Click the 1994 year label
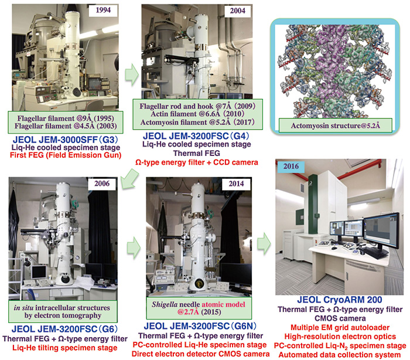pos(103,10)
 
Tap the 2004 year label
pos(237,11)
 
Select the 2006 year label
pos(102,184)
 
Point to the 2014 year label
pos(236,184)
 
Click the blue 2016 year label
pos(291,167)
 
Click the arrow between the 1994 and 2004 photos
pos(132,74)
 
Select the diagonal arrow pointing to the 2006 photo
pos(129,179)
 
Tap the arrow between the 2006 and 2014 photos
pos(134,247)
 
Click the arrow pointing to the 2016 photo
pos(264,243)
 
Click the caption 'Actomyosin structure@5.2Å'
pos(336,125)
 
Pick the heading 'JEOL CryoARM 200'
pos(339,300)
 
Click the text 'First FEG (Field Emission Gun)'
pos(66,155)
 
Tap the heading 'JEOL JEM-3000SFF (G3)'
pos(66,140)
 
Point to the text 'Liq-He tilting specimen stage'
pos(65,348)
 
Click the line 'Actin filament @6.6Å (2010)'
pos(197,114)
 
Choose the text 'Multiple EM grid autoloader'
pos(340,328)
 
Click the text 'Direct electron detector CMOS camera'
pos(200,354)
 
